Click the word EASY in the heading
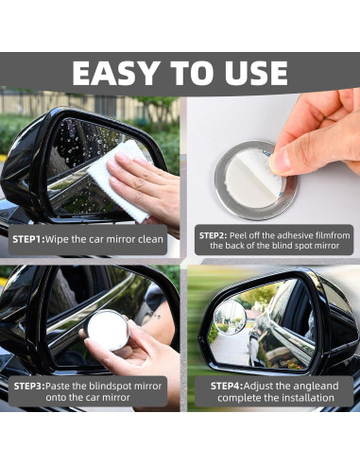115,73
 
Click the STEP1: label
29,239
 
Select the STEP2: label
213,235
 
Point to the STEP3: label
29,386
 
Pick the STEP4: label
227,386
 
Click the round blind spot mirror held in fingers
108,330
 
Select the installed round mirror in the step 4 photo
230,317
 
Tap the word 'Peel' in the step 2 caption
236,235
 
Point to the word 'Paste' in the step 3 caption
58,386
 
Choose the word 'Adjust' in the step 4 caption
258,386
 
